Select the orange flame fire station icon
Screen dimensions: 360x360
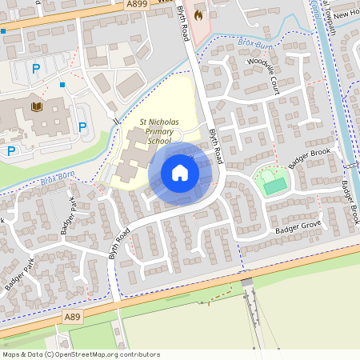(198, 14)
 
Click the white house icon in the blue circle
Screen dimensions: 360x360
(180, 172)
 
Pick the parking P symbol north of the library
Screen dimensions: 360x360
(36, 70)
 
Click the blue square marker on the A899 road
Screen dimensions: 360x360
(3, 31)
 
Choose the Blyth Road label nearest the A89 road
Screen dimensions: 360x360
(121, 243)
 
